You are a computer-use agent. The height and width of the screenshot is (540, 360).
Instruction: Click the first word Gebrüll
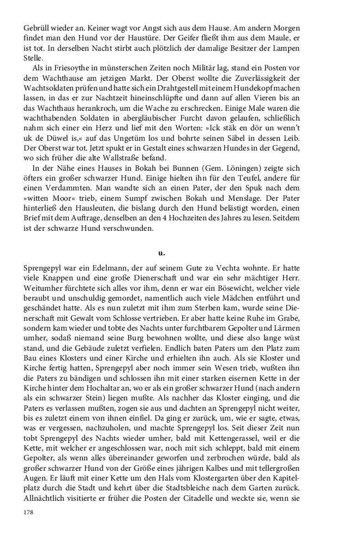click(38, 27)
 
